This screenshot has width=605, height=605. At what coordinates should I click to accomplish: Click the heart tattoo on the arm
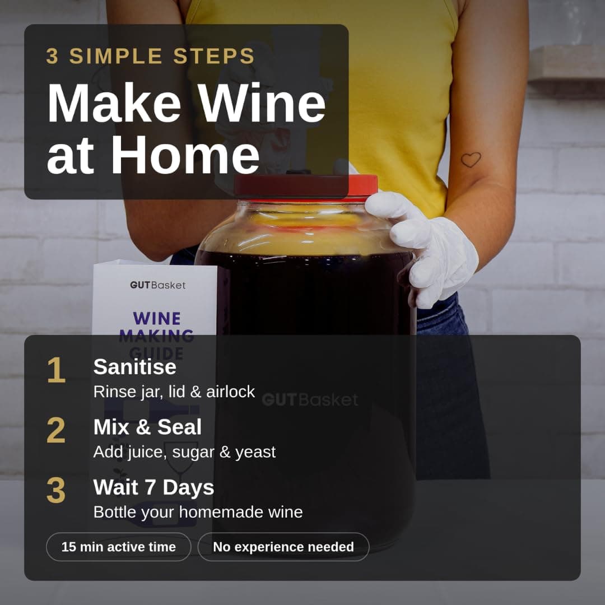point(471,159)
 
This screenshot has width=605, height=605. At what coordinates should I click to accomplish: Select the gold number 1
point(57,370)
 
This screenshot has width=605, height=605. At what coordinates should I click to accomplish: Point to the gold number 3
point(56,490)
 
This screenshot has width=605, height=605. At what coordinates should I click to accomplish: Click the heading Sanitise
point(134,366)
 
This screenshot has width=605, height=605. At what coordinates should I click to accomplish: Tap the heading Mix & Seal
point(147,427)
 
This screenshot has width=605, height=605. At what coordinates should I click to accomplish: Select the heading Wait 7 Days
point(153,487)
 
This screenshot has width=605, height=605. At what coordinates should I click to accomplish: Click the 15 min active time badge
point(118,547)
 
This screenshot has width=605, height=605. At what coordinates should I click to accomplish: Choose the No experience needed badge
point(283,547)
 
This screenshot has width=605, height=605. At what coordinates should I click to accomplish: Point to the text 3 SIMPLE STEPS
point(150,56)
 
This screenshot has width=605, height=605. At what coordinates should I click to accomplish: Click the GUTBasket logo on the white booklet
point(158,285)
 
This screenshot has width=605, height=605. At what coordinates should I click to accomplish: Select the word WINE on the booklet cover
point(157,319)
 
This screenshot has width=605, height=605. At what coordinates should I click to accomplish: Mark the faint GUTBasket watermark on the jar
point(310,400)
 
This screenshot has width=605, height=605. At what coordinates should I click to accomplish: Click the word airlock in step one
point(230,392)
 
